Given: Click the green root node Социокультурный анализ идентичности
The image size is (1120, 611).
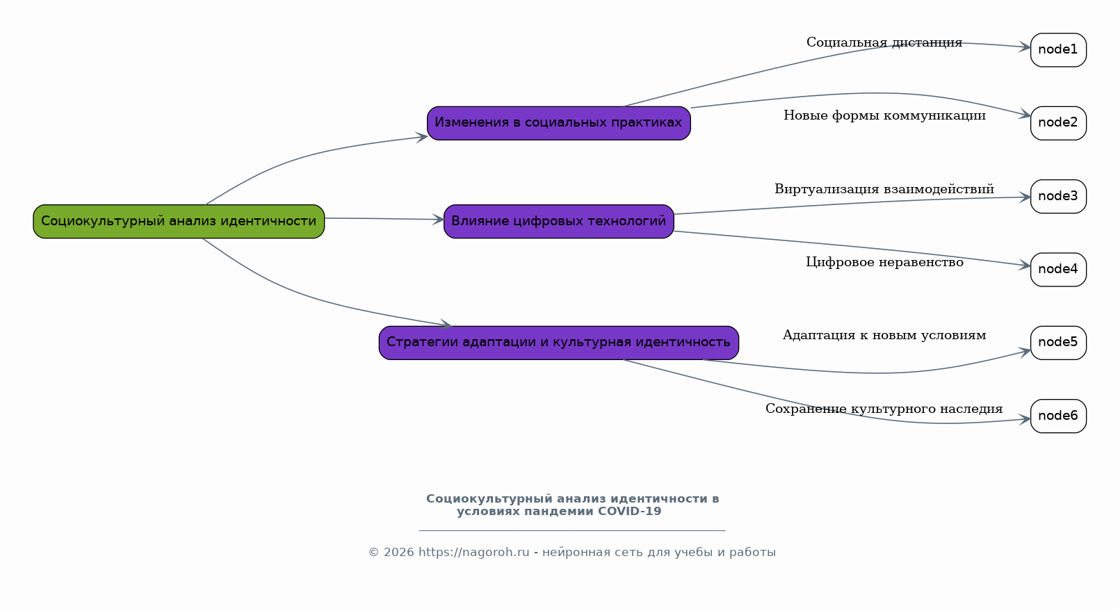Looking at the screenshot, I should pyautogui.click(x=179, y=221).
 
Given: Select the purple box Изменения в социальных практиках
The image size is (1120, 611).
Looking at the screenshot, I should pyautogui.click(x=558, y=123).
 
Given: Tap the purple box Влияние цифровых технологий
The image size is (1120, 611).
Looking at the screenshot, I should pyautogui.click(x=558, y=221).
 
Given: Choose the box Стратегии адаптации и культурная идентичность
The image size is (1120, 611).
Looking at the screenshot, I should pyautogui.click(x=558, y=343).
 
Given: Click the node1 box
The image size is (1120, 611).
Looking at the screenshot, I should pyautogui.click(x=1057, y=50).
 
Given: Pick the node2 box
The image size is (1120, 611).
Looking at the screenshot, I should pyautogui.click(x=1057, y=123).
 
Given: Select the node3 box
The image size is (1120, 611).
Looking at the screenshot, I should pyautogui.click(x=1057, y=196).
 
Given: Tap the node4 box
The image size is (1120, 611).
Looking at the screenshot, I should pyautogui.click(x=1057, y=270).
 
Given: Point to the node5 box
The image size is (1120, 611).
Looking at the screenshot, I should pyautogui.click(x=1057, y=343).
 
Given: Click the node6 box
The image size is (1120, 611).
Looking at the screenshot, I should pyautogui.click(x=1057, y=416).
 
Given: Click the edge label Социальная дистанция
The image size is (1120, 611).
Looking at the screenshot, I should pyautogui.click(x=884, y=42).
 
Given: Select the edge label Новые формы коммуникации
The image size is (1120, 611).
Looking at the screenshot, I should pyautogui.click(x=884, y=115).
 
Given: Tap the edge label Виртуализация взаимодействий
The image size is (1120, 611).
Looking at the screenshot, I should pyautogui.click(x=884, y=189).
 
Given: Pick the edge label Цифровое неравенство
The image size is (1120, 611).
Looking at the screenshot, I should pyautogui.click(x=884, y=262).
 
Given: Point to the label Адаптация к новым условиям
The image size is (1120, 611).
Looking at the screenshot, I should pyautogui.click(x=884, y=335).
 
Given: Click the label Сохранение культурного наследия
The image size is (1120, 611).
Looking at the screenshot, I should pyautogui.click(x=884, y=409).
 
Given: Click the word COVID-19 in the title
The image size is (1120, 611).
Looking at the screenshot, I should pyautogui.click(x=629, y=512).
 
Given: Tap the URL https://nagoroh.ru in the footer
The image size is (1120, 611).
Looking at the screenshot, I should pyautogui.click(x=473, y=553).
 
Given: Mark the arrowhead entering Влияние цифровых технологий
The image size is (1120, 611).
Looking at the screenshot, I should pyautogui.click(x=438, y=220).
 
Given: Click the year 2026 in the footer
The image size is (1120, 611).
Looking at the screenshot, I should pyautogui.click(x=398, y=553).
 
